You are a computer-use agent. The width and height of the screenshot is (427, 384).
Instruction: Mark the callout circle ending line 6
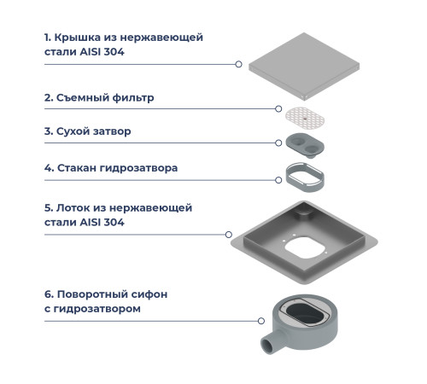[261, 321]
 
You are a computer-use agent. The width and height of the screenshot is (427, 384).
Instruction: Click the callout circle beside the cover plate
[238, 64]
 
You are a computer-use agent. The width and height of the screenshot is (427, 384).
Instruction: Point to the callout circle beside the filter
[278, 108]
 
